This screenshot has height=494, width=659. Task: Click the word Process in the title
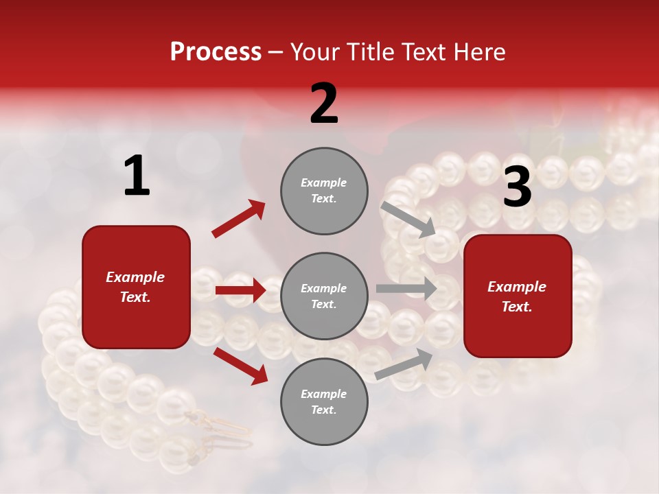[x=216, y=52]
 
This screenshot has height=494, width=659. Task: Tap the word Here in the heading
[x=478, y=52]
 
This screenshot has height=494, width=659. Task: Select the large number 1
[x=137, y=176]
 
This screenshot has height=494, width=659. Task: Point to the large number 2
[x=324, y=104]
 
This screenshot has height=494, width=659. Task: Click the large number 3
[x=517, y=187]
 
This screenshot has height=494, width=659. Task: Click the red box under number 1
[x=136, y=287]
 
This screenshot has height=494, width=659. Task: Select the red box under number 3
[x=518, y=296]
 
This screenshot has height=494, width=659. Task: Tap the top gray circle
[x=324, y=191]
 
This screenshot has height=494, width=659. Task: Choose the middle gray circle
[x=324, y=296]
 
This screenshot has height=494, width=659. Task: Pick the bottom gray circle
[x=324, y=402]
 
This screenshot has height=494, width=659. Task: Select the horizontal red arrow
[x=240, y=290]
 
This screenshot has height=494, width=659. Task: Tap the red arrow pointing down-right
[x=240, y=365]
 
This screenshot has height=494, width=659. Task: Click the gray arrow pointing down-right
[x=408, y=219]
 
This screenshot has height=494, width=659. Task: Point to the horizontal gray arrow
[x=406, y=288]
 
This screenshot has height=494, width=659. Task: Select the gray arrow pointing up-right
[x=404, y=364]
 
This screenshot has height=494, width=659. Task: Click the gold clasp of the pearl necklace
[x=218, y=424]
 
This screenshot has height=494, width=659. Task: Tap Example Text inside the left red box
[x=136, y=287]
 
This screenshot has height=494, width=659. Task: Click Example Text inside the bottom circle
[x=324, y=402]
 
